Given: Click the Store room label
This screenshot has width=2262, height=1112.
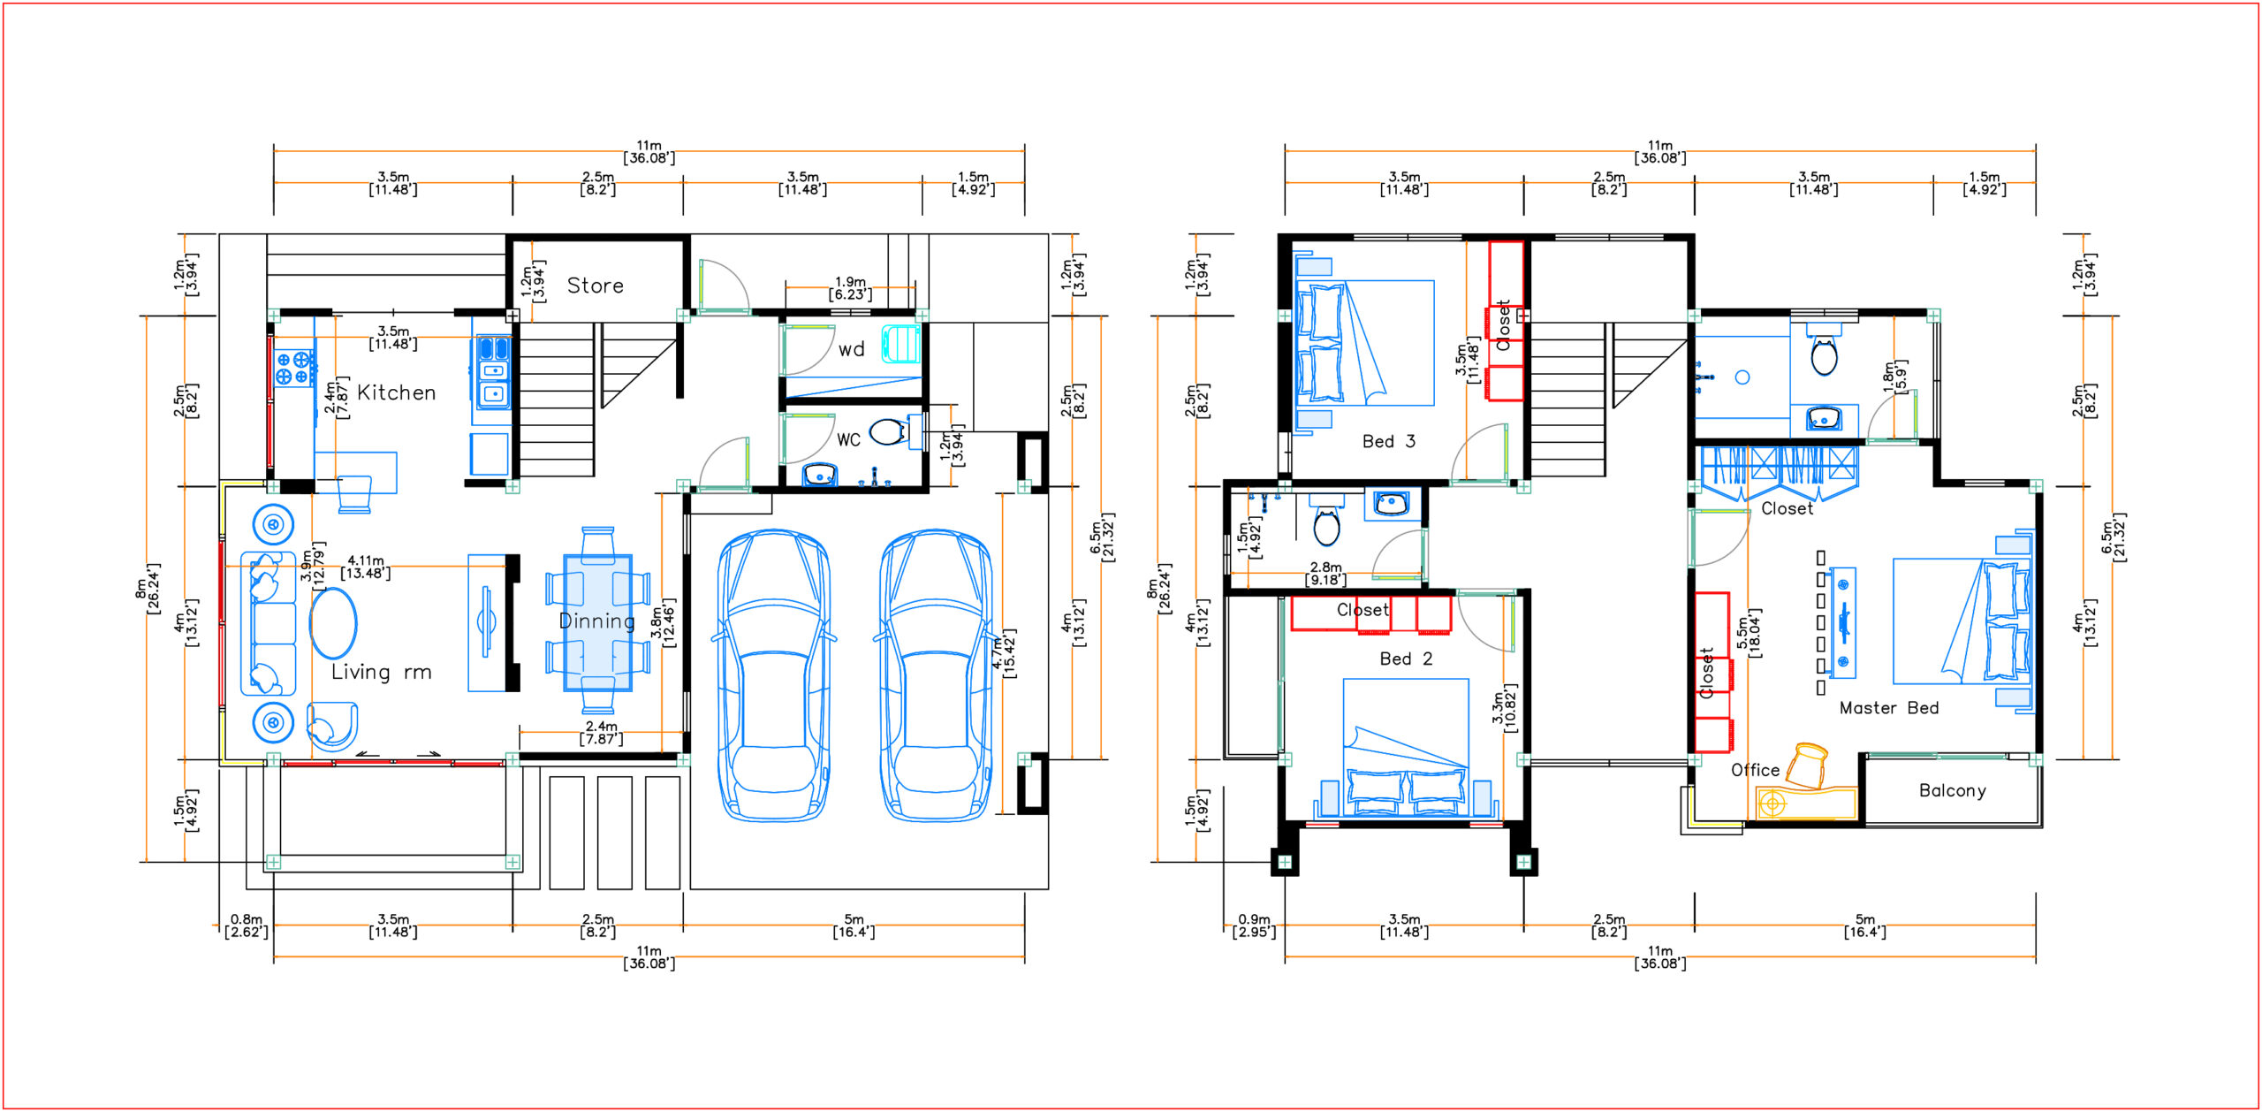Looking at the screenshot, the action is tap(595, 286).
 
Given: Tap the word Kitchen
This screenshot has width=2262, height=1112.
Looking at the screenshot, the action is tap(396, 392).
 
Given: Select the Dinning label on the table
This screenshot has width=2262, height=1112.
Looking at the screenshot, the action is tap(597, 621).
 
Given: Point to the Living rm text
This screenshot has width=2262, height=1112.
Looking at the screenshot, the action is tap(381, 672).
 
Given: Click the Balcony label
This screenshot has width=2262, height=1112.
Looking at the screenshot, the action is tap(1952, 790).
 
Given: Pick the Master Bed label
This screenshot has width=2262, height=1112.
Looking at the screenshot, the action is tap(1888, 708).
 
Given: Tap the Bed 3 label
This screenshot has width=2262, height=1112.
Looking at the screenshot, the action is tap(1388, 441).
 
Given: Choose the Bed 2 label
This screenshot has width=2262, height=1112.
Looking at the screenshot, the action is tap(1406, 659).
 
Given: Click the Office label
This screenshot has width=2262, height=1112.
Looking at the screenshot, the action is tap(1755, 770).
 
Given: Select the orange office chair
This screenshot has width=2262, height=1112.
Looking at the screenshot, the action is tap(1808, 765).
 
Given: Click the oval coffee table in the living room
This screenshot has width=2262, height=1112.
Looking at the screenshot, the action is tap(333, 622).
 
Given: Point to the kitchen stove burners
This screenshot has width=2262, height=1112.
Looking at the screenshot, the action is tap(294, 368).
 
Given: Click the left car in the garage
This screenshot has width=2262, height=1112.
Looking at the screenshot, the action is tap(774, 675).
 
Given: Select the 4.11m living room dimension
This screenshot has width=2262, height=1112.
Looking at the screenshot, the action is tap(365, 567).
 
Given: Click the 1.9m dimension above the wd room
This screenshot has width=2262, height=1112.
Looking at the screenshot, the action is tap(850, 288).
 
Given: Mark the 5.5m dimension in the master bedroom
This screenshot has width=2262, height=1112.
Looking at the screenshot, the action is tap(1748, 633).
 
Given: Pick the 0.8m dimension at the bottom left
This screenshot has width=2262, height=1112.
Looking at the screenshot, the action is tap(246, 925).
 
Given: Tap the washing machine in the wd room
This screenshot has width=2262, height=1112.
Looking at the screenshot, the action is tap(900, 344).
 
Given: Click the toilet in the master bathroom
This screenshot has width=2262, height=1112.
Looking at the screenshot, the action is tap(1824, 354).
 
